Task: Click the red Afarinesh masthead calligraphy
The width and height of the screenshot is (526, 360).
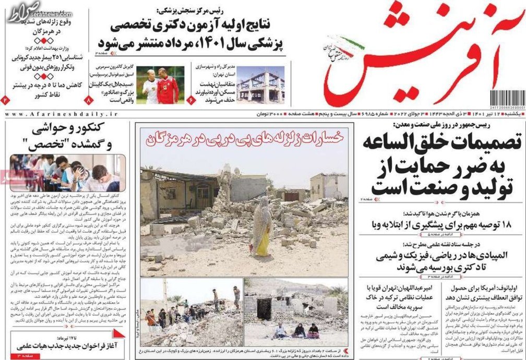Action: [x=417, y=57]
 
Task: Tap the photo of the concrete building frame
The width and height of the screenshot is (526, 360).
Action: [x=260, y=83]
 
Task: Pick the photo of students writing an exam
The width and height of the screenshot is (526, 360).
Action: [x=67, y=173]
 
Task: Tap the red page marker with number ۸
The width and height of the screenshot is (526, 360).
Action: [x=89, y=99]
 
